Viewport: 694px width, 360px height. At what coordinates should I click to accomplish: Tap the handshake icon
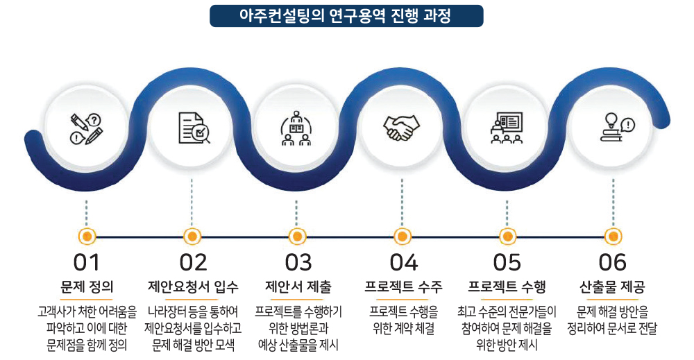coord(401,128)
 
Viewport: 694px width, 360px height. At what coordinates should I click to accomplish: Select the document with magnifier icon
coord(194,128)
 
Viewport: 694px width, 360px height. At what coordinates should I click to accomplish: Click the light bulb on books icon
coord(617,128)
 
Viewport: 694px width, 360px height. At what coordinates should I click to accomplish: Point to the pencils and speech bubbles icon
coord(86,129)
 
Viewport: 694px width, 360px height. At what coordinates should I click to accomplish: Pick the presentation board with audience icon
coord(507,128)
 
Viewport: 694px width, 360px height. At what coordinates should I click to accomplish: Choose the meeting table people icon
coord(296,128)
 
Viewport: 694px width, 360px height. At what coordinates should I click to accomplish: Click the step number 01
coord(86,262)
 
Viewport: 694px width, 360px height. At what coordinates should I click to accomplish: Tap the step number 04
coord(403,262)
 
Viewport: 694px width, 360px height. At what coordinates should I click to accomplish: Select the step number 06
coord(613,262)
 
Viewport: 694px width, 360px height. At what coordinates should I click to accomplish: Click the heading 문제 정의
coord(87,286)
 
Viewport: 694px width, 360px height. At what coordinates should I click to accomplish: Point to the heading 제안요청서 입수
coord(193,286)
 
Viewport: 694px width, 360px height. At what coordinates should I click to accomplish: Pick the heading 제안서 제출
coord(298,286)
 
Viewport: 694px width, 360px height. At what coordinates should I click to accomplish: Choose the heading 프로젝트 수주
coord(403,286)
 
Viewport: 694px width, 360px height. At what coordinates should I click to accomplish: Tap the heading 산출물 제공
coord(612,286)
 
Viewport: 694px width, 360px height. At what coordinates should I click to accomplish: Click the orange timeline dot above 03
coord(298,237)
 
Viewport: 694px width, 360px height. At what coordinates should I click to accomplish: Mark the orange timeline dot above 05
coord(507,237)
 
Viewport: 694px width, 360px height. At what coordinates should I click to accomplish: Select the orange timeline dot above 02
coord(192,237)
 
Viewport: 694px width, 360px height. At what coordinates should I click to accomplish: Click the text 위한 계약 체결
coord(403,329)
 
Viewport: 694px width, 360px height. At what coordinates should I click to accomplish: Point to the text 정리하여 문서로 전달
coord(612,329)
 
